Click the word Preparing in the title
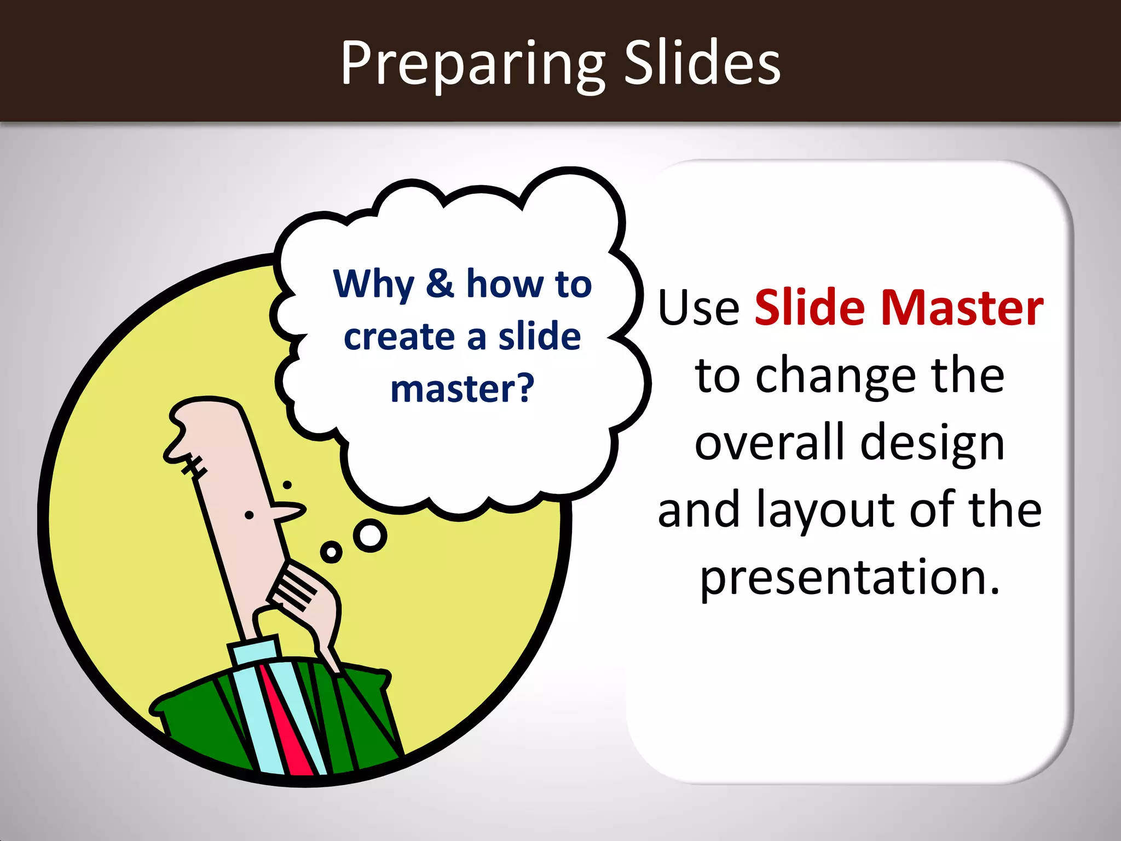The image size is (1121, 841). click(x=472, y=65)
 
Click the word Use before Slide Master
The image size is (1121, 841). click(x=698, y=308)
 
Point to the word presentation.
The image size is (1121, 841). click(x=850, y=578)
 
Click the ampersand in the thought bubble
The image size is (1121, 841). click(x=440, y=283)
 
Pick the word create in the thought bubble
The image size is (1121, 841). click(x=399, y=336)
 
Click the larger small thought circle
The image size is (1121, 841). click(x=370, y=535)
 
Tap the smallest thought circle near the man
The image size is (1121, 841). click(x=331, y=552)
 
